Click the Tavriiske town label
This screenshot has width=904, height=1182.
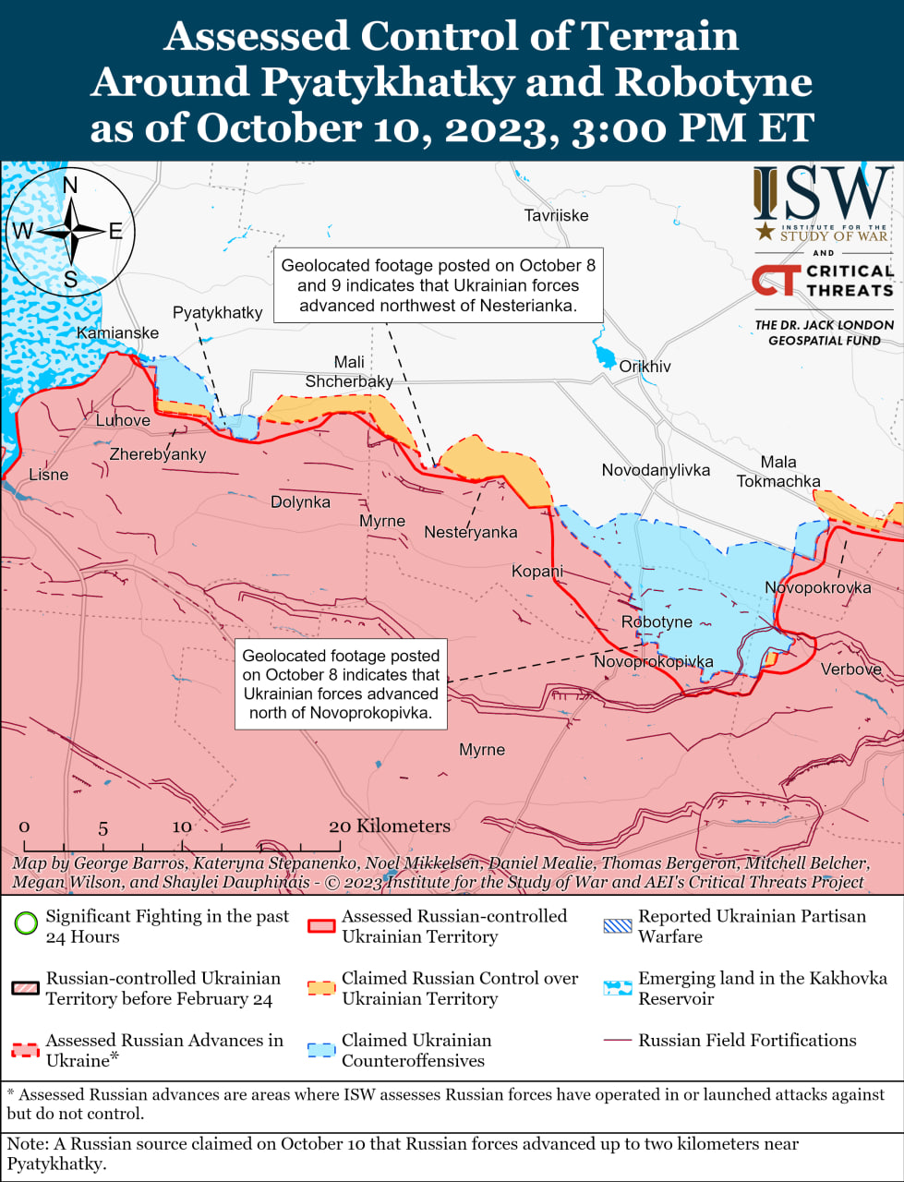pos(556,215)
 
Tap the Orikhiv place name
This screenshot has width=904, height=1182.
pos(645,367)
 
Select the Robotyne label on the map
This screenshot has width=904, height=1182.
pos(657,621)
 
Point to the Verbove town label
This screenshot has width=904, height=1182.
pos(851,669)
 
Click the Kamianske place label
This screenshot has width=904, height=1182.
pos(117,332)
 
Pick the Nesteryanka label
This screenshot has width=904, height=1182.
pos(470,532)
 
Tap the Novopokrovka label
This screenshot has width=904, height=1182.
pos(817,587)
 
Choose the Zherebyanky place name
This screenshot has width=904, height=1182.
pos(158,454)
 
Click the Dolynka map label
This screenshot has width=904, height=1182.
pos(300,502)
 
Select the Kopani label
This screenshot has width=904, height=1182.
pos(537,571)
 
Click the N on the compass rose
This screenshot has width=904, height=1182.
pos(70,186)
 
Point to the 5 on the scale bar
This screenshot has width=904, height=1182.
pos(103,828)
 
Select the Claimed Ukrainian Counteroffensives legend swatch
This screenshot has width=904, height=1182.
pos(321,1050)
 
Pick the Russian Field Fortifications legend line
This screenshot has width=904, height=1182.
pos(617,1041)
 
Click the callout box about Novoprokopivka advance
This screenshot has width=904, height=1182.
pos(341,684)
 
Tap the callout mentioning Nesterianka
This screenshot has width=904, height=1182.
pos(438,285)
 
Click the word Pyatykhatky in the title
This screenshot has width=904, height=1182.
pos(387,81)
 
